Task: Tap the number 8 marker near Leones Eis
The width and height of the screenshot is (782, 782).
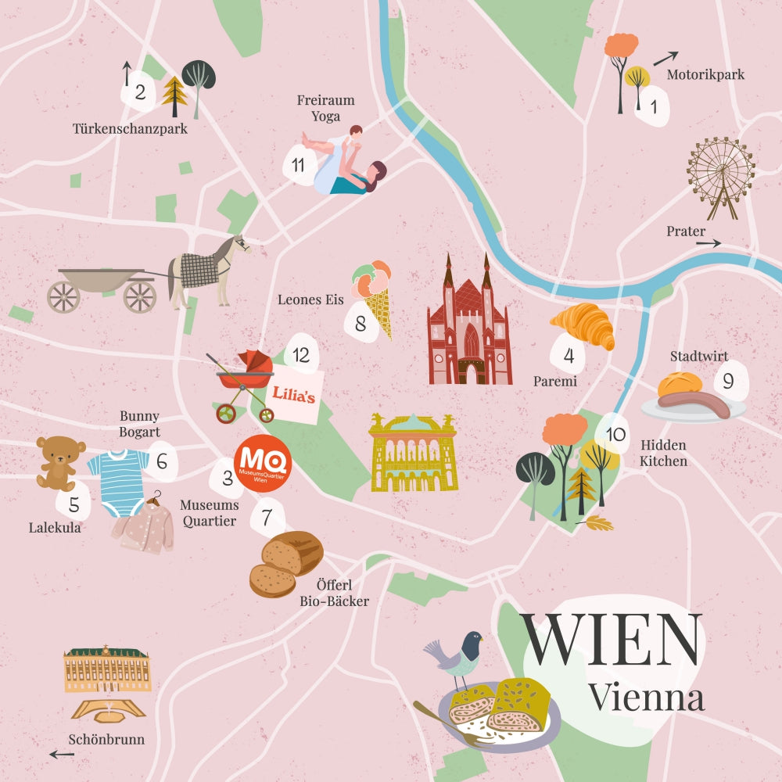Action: [361, 323]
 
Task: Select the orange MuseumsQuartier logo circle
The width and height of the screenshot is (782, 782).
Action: [262, 465]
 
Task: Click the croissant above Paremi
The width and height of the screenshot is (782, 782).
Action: [583, 325]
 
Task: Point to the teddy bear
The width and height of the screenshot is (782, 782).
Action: [60, 461]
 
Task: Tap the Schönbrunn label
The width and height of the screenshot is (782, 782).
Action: [106, 739]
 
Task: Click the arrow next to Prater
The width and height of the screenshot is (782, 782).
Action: [708, 243]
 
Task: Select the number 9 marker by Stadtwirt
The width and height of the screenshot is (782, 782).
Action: [728, 382]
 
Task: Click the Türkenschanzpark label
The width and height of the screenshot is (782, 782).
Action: [130, 129]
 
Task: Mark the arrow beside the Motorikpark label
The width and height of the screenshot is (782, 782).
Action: [665, 58]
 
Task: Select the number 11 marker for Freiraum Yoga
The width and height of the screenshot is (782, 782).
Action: [298, 165]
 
